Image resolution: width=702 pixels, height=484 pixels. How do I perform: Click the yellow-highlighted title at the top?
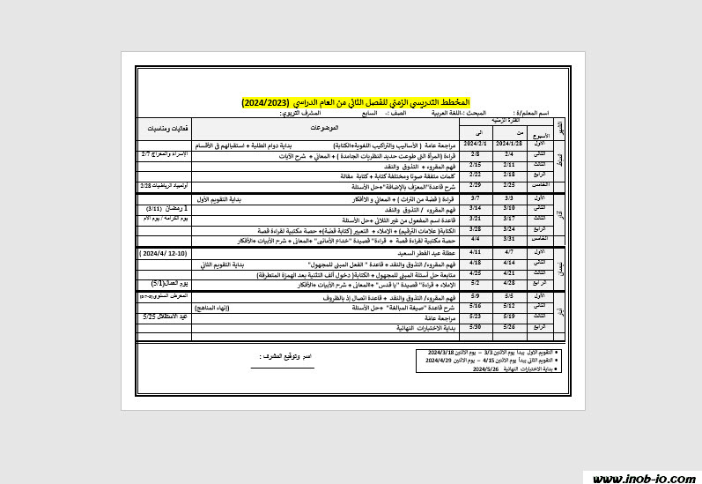coord(356,103)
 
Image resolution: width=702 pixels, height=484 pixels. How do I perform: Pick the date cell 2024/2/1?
coord(476,143)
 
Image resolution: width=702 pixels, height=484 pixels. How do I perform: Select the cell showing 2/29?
coord(476,186)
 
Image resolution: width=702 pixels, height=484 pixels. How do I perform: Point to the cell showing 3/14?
coord(476,208)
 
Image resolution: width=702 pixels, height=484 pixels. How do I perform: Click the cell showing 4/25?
coord(476,273)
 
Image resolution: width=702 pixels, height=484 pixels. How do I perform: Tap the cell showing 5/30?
coord(476,327)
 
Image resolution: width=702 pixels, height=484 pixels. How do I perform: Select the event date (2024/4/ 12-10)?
coord(164,252)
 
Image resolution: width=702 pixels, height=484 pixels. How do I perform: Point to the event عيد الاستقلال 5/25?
coord(166,316)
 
